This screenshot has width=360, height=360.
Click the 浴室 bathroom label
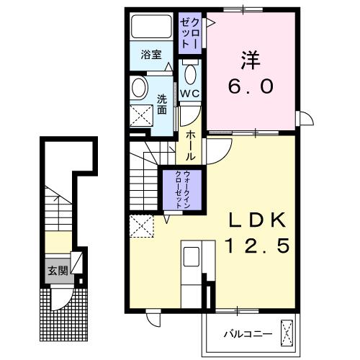click(151, 55)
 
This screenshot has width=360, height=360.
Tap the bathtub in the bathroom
click(151, 27)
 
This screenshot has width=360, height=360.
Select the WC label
click(189, 93)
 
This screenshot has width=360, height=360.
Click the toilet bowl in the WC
click(191, 74)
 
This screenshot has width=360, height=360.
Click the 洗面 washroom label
click(162, 104)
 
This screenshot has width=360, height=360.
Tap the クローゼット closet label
click(189, 33)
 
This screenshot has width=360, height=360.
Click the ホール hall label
click(191, 145)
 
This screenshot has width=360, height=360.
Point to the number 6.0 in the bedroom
click(251, 87)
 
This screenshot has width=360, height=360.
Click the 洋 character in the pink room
click(251, 60)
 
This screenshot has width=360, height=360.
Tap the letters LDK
click(258, 220)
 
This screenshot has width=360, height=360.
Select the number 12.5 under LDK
click(258, 246)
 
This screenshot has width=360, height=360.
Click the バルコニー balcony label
click(248, 334)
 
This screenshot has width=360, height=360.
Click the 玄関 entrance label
click(58, 271)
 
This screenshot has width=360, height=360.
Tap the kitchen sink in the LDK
click(192, 257)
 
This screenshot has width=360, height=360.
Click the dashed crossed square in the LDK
click(142, 226)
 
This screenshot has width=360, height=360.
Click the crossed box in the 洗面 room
click(141, 115)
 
